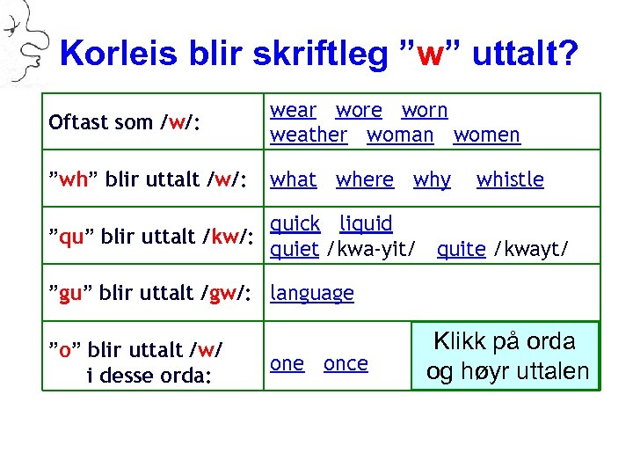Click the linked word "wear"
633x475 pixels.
(x=293, y=111)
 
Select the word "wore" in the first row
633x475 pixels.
(x=359, y=111)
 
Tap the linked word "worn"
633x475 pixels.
(x=425, y=111)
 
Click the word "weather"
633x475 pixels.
(x=309, y=135)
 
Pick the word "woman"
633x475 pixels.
(x=400, y=135)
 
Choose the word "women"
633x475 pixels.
(x=486, y=135)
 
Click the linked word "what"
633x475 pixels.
(x=293, y=180)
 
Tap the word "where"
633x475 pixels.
(x=365, y=180)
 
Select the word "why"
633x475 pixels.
(x=432, y=180)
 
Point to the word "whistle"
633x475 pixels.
(x=510, y=180)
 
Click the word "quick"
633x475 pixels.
(x=295, y=224)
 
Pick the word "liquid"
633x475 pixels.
(x=366, y=224)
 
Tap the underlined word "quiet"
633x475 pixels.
(x=295, y=250)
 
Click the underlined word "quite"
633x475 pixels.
(x=461, y=250)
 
